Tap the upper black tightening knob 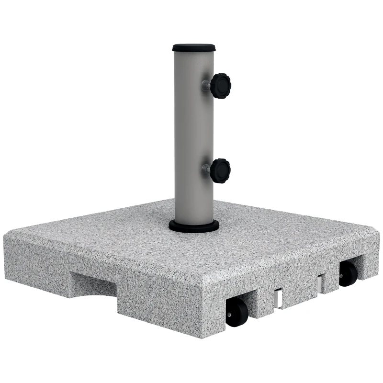coord(221,85)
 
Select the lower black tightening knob coord(221,169)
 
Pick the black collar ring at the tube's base coord(193,226)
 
